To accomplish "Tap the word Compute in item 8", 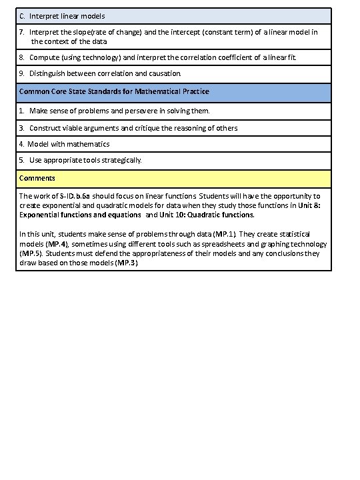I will (x=43, y=57).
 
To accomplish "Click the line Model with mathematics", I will (x=68, y=143).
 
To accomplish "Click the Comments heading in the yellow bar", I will (x=37, y=178).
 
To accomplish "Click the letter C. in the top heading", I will (x=23, y=15).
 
